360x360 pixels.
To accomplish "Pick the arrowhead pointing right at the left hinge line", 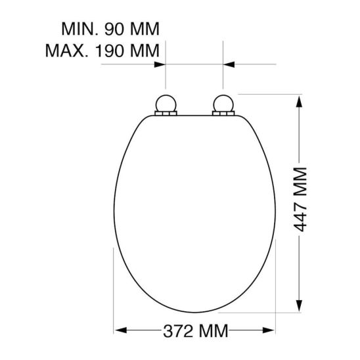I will pos(159,64).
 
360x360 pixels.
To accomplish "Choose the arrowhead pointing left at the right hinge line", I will pos(229,64).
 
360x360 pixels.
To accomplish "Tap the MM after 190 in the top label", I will pos(148,49).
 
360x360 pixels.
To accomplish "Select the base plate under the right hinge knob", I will pos(224,114).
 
